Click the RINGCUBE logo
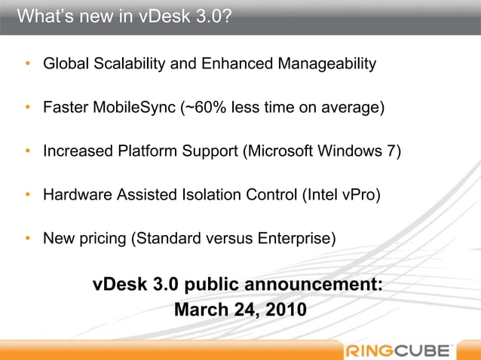(399, 349)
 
